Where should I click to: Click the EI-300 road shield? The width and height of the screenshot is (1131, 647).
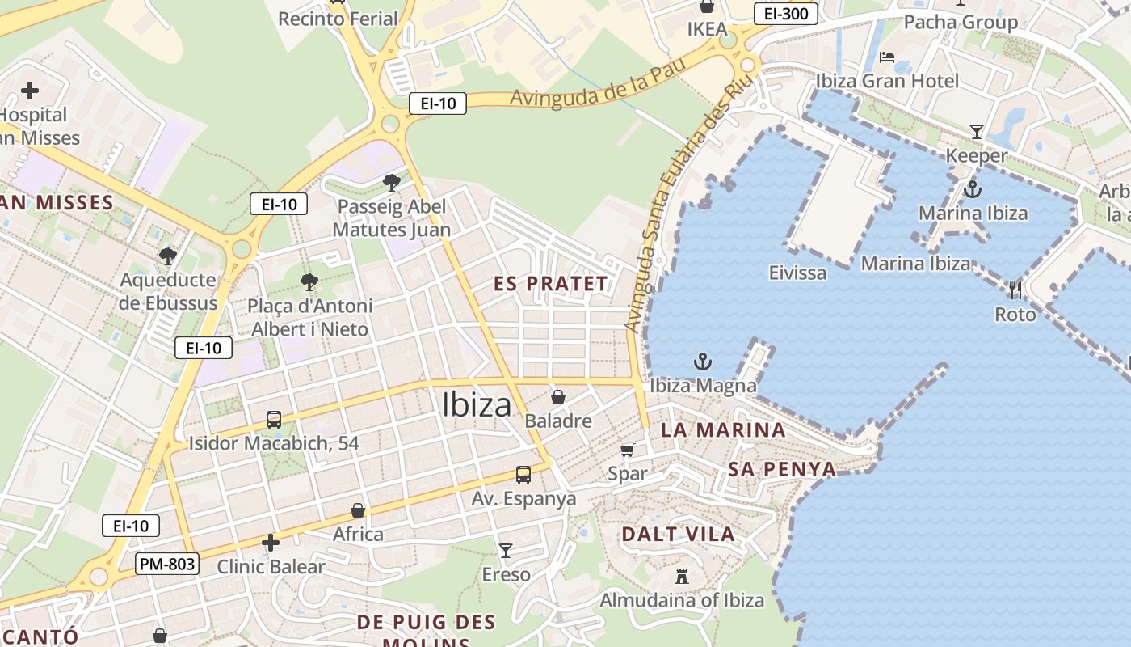tap(786, 13)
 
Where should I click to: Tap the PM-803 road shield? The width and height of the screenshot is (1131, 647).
tap(167, 564)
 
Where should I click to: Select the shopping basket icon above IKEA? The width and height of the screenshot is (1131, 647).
tap(707, 6)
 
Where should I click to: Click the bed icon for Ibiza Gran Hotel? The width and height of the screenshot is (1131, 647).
tap(886, 57)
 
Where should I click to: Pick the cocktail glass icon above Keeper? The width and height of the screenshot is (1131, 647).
tap(976, 131)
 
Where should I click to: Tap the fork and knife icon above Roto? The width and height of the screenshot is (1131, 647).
tap(1015, 290)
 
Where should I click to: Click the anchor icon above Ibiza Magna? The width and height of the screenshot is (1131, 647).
tap(703, 361)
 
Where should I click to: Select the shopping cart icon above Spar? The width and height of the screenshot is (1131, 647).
tap(628, 450)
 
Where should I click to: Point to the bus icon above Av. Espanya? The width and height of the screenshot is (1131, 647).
tap(523, 474)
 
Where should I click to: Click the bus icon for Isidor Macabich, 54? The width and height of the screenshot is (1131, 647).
tap(274, 420)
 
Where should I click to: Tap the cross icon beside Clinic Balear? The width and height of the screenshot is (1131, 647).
tap(271, 543)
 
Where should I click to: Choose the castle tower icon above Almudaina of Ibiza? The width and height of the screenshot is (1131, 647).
tap(682, 577)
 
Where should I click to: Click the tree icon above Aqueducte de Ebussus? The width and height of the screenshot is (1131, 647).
tap(168, 256)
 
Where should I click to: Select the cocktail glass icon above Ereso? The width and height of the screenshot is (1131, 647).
tap(506, 551)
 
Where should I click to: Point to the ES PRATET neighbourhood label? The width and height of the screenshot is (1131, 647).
tap(550, 284)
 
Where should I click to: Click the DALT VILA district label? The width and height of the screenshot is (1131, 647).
tap(678, 534)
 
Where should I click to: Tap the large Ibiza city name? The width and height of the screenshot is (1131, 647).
tap(477, 405)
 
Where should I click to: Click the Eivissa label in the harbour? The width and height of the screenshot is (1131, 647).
tap(797, 273)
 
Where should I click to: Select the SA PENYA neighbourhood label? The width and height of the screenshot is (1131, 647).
tap(782, 469)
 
